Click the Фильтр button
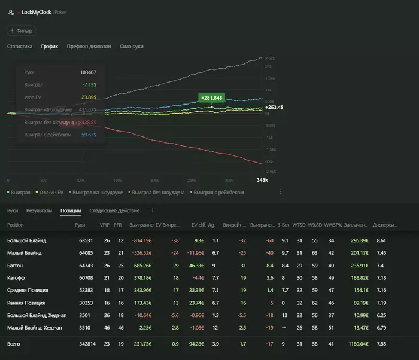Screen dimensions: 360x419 [21, 30]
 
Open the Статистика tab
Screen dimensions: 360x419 [19, 46]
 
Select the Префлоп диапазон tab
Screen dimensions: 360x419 [89, 46]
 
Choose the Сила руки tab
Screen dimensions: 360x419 [131, 46]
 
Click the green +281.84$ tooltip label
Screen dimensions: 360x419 [211, 97]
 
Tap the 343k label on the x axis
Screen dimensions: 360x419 [262, 180]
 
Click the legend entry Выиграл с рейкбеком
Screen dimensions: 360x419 [218, 193]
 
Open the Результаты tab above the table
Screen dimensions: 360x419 [39, 210]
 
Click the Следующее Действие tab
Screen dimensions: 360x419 [114, 210]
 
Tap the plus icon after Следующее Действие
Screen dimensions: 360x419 [152, 210]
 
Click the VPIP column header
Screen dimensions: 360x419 [105, 225]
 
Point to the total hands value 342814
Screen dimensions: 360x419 [87, 344]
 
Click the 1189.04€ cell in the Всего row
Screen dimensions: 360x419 [355, 344]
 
